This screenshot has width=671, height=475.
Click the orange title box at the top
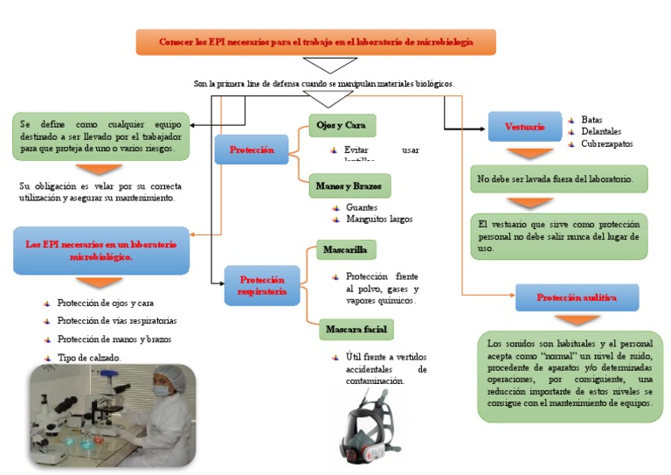(x=315, y=42)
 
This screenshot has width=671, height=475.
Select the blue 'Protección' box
(x=252, y=150)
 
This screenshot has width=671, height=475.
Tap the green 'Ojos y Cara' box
(x=342, y=126)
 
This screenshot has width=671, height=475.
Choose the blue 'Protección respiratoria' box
(x=262, y=285)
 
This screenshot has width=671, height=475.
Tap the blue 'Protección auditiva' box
(x=577, y=297)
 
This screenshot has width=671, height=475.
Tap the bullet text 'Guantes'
(x=361, y=207)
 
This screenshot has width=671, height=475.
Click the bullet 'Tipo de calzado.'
(x=89, y=358)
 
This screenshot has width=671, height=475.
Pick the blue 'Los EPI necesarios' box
(x=101, y=251)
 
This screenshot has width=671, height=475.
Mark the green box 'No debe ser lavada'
(x=558, y=179)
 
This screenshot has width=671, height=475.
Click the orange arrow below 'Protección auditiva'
(x=577, y=320)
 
